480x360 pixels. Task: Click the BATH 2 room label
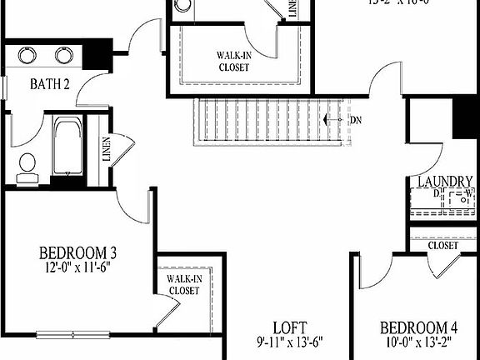click(49, 84)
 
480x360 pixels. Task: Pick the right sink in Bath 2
click(65, 56)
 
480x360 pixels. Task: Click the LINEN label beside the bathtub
click(105, 151)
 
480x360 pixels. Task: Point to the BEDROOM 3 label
click(77, 252)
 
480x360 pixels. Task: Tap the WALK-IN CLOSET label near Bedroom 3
click(184, 285)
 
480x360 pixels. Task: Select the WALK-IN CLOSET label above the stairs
click(233, 62)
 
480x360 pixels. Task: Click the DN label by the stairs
click(356, 120)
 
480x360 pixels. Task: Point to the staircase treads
click(267, 121)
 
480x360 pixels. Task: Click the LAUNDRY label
click(445, 182)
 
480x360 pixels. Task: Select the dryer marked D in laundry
click(429, 199)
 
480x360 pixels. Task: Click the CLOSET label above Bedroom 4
click(442, 246)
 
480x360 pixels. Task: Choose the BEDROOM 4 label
click(419, 327)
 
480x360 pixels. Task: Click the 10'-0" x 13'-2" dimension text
click(419, 342)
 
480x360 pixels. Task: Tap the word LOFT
click(290, 326)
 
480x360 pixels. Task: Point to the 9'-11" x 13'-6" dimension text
click(289, 342)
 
